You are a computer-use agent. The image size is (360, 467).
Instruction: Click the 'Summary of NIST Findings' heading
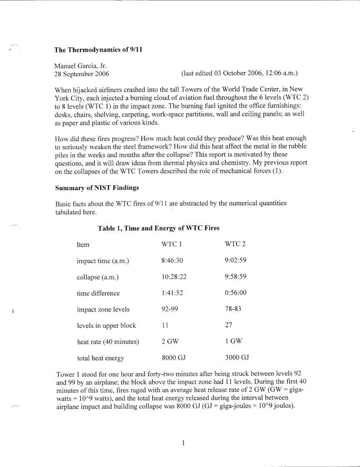[97, 187]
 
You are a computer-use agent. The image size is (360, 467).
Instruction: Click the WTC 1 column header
[171, 244]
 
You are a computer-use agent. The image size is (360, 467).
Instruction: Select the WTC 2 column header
[235, 244]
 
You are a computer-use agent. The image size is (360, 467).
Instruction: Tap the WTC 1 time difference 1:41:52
[172, 293]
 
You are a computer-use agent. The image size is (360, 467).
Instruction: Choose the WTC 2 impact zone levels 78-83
[233, 309]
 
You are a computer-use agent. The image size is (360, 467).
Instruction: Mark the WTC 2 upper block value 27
[229, 326]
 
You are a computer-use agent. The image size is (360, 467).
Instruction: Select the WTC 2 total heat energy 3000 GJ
[237, 358]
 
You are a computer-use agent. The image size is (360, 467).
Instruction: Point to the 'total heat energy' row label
[100, 358]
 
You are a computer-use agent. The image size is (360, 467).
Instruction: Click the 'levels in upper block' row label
[107, 326]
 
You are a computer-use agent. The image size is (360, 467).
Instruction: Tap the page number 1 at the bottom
[182, 442]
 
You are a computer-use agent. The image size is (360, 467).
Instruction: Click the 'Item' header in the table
[83, 244]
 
